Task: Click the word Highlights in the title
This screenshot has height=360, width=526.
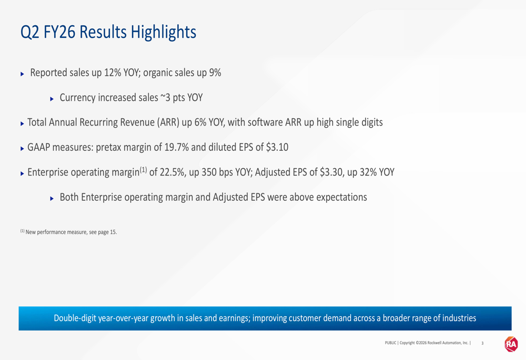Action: pyautogui.click(x=164, y=33)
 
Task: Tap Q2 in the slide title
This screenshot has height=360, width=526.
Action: pyautogui.click(x=30, y=33)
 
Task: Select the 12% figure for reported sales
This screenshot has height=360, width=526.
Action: pyautogui.click(x=113, y=73)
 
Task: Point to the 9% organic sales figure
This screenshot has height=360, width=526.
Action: pyautogui.click(x=215, y=73)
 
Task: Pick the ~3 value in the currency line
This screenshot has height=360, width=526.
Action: pyautogui.click(x=165, y=98)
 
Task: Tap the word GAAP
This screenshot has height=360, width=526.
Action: pyautogui.click(x=38, y=148)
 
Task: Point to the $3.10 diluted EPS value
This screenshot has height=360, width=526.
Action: pyautogui.click(x=277, y=148)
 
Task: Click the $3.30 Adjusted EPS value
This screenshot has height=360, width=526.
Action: pyautogui.click(x=331, y=172)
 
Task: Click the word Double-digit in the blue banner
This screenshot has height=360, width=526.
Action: pyautogui.click(x=75, y=318)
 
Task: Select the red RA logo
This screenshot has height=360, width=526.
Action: pyautogui.click(x=511, y=344)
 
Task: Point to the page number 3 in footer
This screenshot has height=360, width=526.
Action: pyautogui.click(x=482, y=343)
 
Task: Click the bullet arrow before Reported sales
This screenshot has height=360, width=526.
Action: pyautogui.click(x=23, y=74)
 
